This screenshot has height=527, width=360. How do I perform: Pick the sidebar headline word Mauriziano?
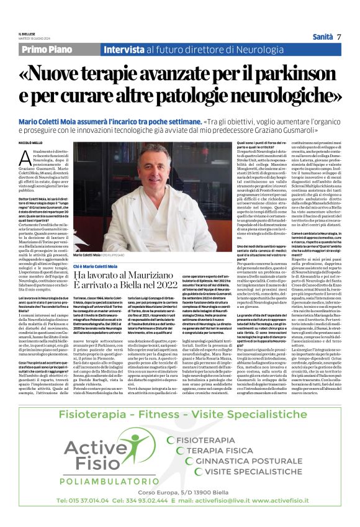(x=155, y=275)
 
